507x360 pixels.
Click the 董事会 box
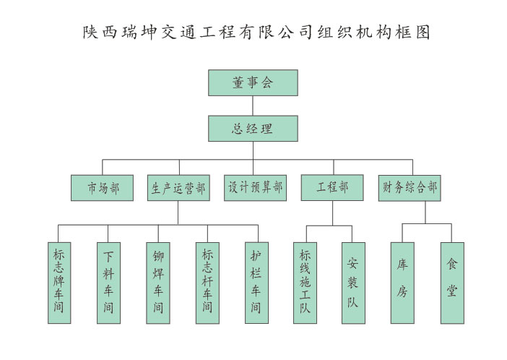253,82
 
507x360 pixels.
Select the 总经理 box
253,129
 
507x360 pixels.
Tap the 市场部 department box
102,188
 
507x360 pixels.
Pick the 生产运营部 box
178,188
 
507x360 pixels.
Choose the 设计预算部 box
255,188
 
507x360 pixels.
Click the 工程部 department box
331,188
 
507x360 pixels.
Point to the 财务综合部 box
409,188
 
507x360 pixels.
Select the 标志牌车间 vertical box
59,283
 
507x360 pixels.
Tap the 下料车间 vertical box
108,283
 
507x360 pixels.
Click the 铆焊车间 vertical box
157,283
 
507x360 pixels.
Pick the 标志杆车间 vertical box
207,283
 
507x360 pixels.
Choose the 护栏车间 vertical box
256,283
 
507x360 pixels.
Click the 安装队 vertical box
352,283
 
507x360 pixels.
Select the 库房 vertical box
402,283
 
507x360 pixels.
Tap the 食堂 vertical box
451,283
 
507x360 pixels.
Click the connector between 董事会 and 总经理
253,106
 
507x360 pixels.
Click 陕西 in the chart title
97,33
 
